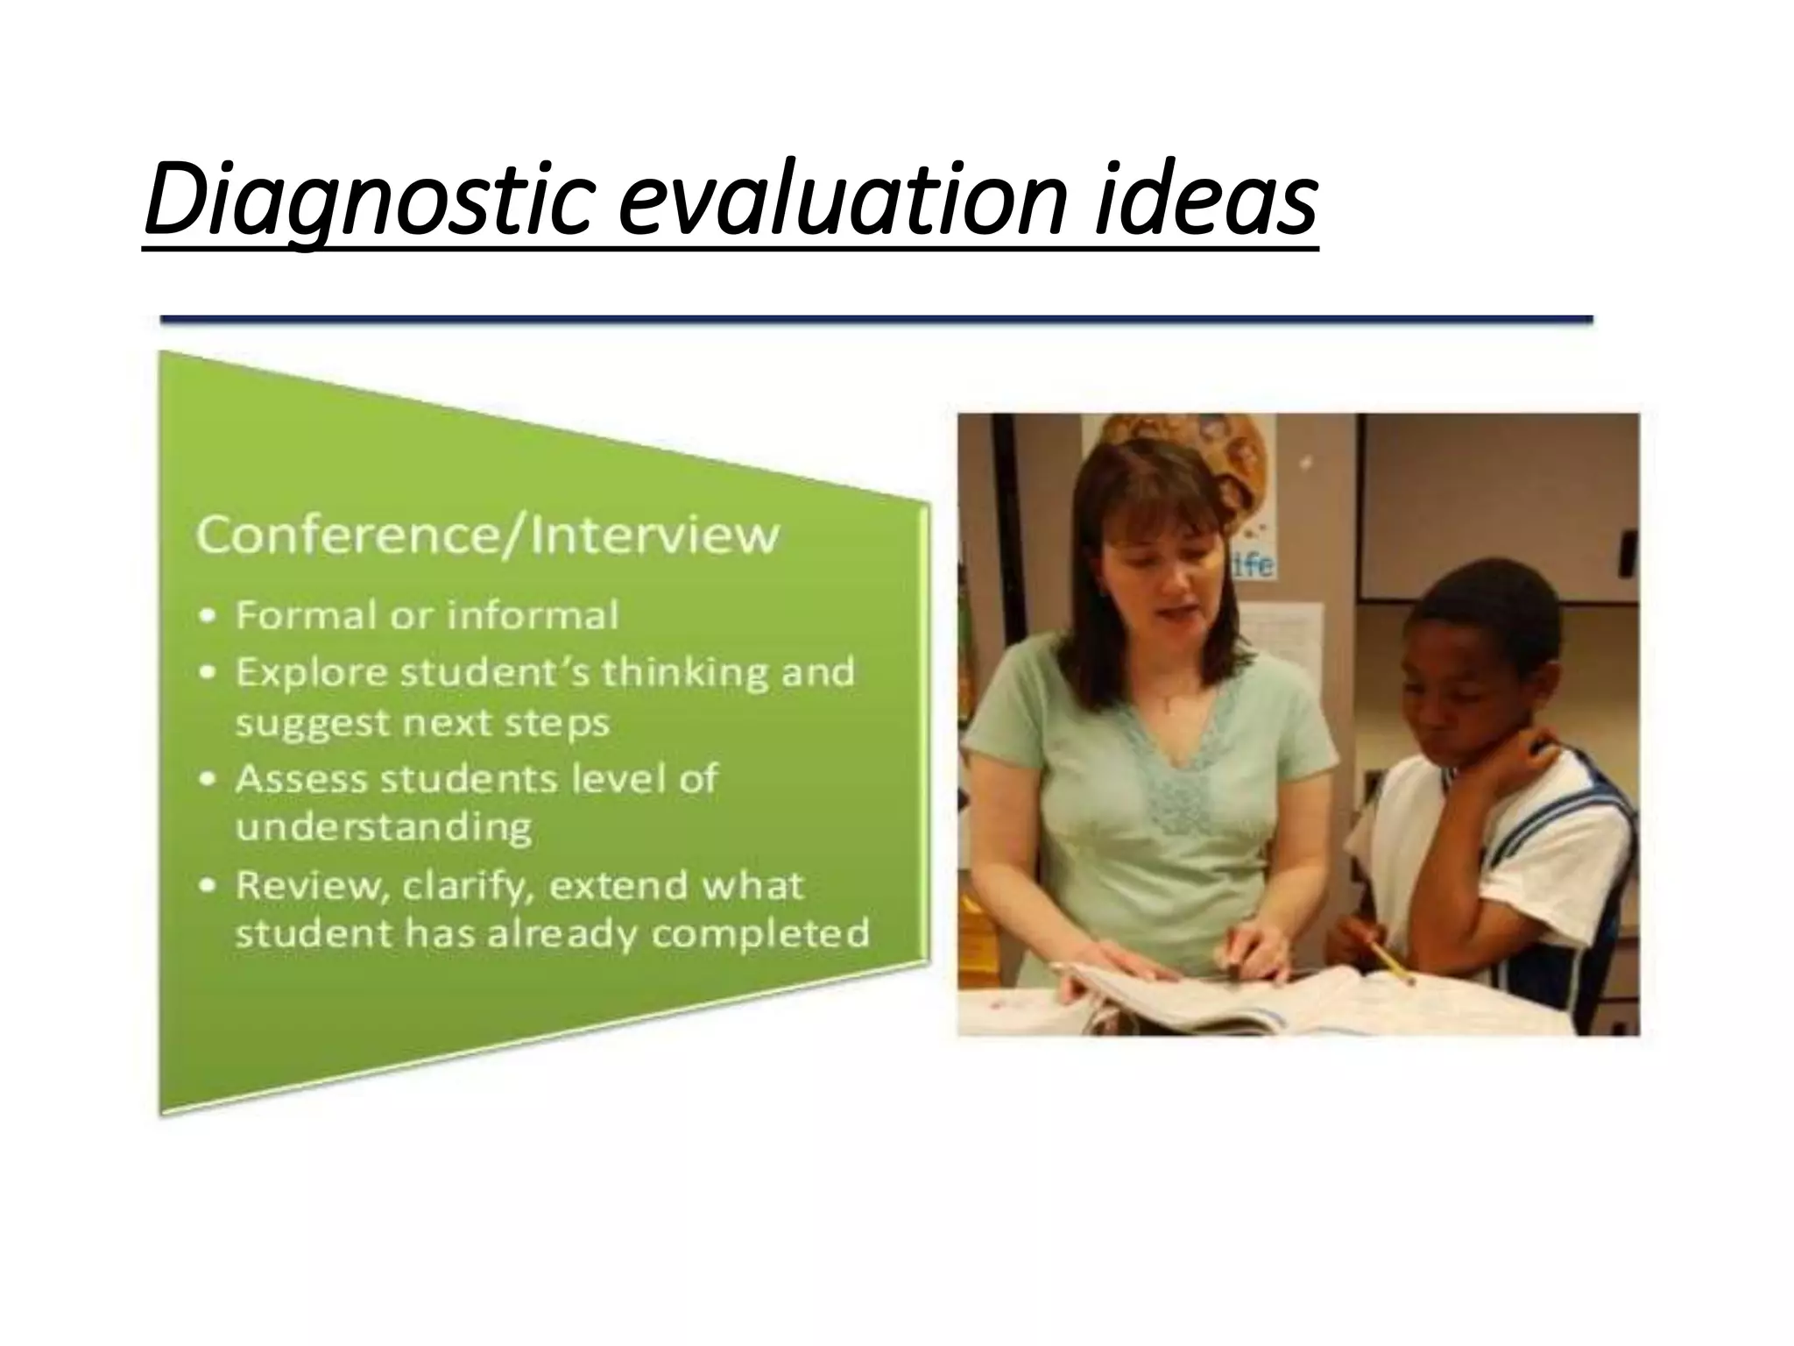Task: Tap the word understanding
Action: (x=384, y=826)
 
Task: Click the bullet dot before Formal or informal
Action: (x=208, y=617)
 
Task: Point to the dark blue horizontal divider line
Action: (x=876, y=321)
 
